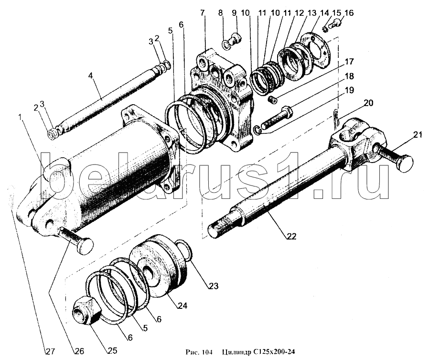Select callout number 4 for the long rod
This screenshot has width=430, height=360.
click(x=90, y=75)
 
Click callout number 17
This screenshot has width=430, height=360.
click(x=349, y=61)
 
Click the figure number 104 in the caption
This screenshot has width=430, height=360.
click(x=207, y=353)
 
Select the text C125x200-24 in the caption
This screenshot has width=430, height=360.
click(x=272, y=353)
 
